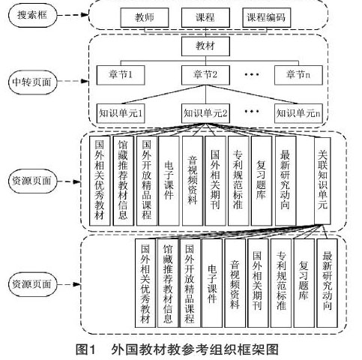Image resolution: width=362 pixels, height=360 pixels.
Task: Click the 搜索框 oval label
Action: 32,15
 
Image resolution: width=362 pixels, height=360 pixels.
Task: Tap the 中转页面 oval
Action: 32,82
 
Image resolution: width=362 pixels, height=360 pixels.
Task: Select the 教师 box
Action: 145,17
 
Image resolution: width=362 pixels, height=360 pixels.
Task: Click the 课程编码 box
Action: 266,17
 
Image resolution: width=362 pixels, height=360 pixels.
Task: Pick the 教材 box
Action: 205,46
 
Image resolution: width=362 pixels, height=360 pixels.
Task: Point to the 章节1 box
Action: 121,75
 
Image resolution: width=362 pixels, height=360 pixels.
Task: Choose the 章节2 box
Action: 205,75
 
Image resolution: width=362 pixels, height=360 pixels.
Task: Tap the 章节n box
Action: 298,75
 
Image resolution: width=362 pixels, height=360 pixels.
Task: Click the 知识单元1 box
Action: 121,113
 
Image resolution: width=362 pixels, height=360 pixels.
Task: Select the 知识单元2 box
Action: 205,113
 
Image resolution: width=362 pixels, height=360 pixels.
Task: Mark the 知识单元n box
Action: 298,113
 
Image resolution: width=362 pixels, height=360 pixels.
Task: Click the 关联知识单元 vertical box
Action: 322,181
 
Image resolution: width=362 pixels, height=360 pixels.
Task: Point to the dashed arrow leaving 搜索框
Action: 73,15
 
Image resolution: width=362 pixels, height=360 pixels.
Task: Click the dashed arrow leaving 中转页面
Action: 73,81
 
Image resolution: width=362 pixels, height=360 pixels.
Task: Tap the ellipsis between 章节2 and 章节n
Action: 252,74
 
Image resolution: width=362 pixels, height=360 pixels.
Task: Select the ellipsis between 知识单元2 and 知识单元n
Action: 252,111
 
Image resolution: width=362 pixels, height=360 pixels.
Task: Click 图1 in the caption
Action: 85,349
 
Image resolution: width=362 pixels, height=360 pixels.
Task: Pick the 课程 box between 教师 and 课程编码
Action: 205,17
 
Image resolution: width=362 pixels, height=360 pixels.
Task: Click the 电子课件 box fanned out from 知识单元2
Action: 169,181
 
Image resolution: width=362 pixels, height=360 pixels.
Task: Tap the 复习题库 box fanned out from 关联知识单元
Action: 304,283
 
